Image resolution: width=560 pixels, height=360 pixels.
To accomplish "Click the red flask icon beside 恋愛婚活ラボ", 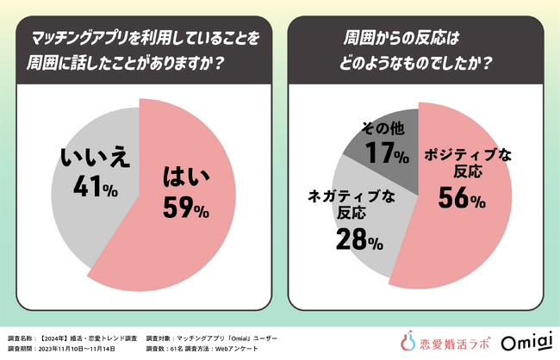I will pyautogui.click(x=409, y=342).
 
